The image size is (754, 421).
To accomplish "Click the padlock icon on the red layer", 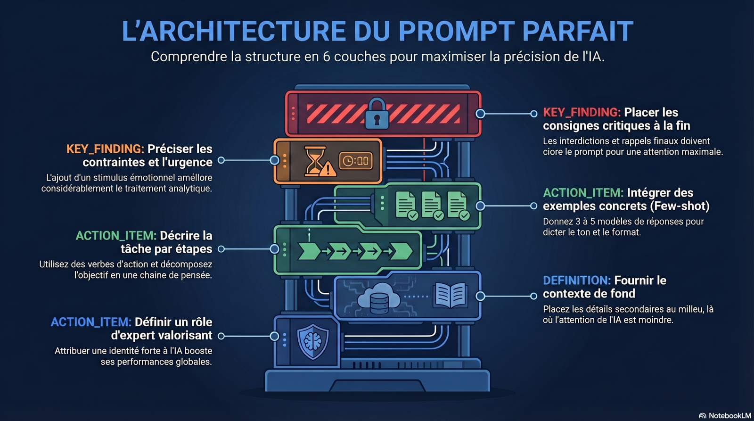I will [x=377, y=114].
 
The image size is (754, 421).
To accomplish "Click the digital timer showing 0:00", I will [x=356, y=161].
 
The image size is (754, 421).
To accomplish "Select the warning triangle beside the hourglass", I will [x=328, y=169].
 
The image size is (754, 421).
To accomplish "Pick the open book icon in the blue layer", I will [x=450, y=295].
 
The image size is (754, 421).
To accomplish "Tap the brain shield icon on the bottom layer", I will [x=312, y=342].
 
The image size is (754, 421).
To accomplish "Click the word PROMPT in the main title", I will [x=457, y=31].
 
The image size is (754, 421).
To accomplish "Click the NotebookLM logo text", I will [x=729, y=415].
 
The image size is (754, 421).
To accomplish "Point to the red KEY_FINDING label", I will [x=582, y=112].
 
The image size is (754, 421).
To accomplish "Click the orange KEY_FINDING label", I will [x=105, y=149].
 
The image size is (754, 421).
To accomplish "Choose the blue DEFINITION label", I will [x=576, y=281].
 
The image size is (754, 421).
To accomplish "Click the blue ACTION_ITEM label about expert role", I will [x=90, y=322].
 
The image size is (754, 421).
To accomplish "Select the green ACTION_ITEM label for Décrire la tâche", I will [x=115, y=236].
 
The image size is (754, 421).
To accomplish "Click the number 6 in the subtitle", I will [x=326, y=57].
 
